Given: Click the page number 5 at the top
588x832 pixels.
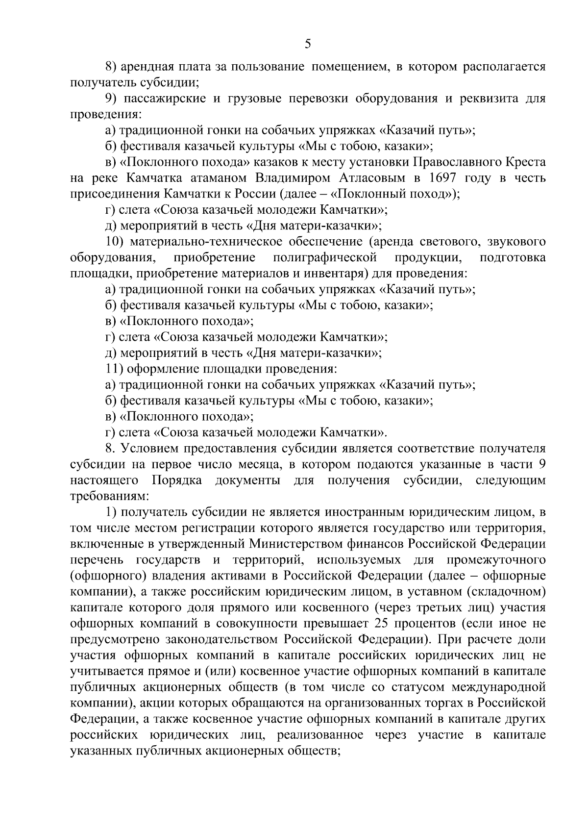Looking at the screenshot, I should (x=307, y=45).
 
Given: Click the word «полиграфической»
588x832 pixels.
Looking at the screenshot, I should (x=325, y=257).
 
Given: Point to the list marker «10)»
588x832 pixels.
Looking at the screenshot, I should (x=116, y=242).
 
